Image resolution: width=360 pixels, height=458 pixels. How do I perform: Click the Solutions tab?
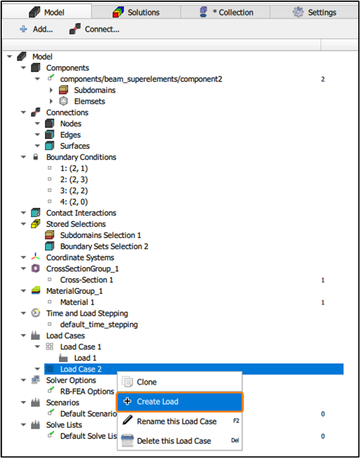137,12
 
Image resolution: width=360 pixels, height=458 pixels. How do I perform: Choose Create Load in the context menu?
157,402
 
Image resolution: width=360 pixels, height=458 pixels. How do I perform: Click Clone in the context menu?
147,382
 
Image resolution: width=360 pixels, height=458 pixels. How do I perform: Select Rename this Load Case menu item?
176,421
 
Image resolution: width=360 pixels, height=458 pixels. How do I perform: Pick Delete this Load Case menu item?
174,441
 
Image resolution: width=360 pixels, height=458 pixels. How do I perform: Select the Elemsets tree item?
89,101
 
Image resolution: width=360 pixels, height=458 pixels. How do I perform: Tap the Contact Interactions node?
81,213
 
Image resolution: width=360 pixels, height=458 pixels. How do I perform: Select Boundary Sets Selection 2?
104,246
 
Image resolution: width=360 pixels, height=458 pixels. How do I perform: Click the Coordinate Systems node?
80,257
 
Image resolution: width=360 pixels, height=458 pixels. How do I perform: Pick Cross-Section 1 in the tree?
86,280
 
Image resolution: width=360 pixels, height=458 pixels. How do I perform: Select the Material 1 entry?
77,302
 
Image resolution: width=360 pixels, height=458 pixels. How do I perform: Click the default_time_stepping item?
99,324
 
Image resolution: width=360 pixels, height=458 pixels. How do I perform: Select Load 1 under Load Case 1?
85,358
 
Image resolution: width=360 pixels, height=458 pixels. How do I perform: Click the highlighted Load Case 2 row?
81,369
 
